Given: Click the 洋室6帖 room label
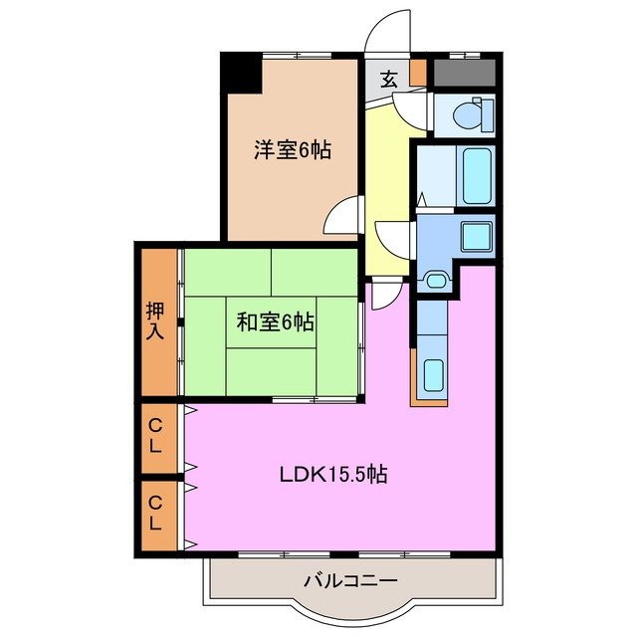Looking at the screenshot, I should (292, 150).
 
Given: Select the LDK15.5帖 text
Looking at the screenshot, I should (331, 474).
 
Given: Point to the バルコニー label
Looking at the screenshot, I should (350, 580).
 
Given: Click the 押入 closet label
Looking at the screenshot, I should (156, 320).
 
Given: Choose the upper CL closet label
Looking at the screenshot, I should (155, 437).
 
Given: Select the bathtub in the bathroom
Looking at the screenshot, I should (477, 176).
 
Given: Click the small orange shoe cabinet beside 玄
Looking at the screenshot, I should (418, 74).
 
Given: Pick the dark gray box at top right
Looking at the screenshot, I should (464, 73).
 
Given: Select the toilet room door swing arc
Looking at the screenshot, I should (420, 110).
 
